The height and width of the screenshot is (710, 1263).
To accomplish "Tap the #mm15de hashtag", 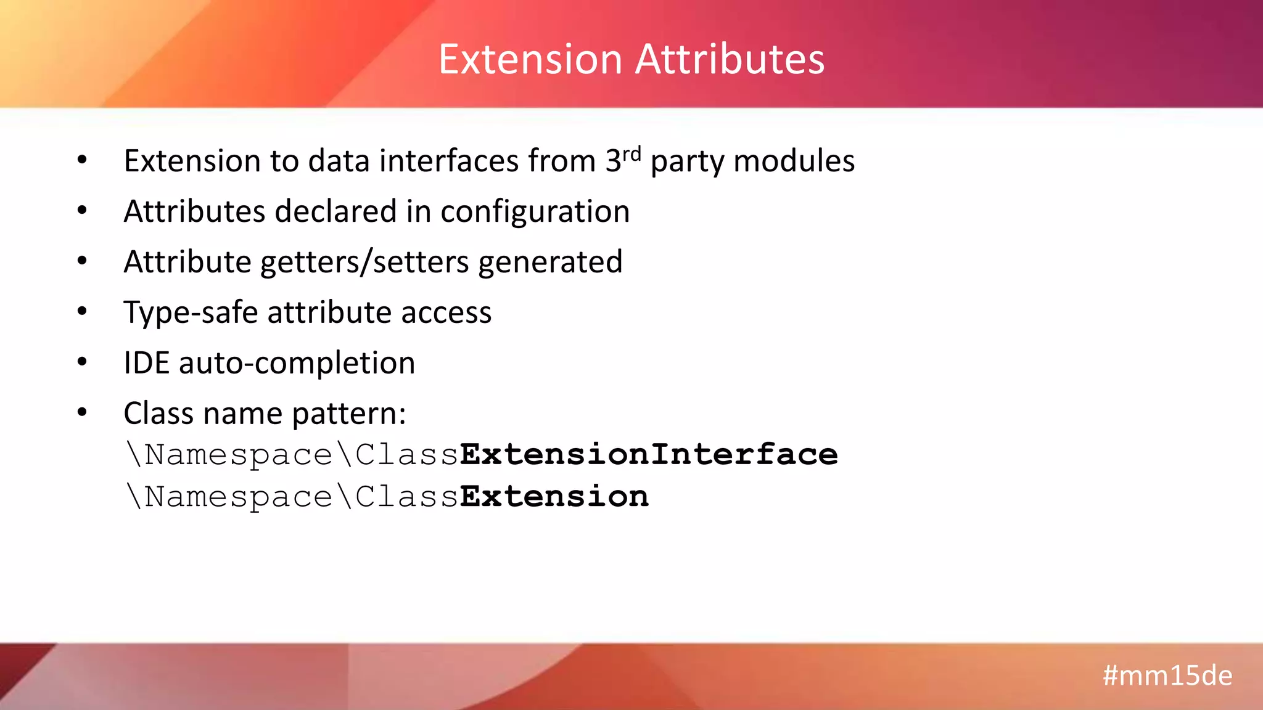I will click(x=1167, y=675).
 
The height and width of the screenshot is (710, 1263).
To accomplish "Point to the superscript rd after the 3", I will click(x=631, y=153).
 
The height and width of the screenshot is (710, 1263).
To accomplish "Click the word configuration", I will click(x=535, y=211).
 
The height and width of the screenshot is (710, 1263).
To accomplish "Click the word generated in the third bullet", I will click(x=550, y=262).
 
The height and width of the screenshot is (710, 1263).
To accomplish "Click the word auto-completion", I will click(x=297, y=363).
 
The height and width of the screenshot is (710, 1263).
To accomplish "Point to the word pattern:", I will click(x=349, y=414).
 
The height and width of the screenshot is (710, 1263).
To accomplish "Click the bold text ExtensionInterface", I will click(x=649, y=455).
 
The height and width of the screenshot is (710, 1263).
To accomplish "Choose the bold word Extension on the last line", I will click(x=554, y=497).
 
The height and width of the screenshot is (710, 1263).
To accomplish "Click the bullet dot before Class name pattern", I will click(x=82, y=412).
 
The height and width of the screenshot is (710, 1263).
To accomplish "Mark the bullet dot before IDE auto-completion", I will click(x=82, y=362).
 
